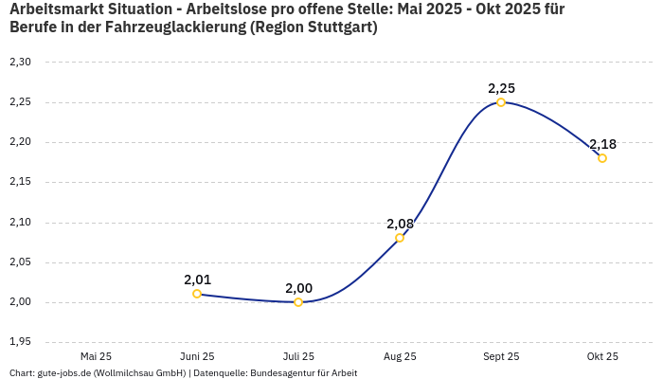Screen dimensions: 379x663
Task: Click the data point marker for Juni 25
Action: click(x=197, y=294)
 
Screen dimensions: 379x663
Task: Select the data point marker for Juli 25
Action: click(x=298, y=302)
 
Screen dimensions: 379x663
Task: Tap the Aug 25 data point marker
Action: click(x=400, y=238)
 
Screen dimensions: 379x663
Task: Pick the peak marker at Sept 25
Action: click(x=501, y=102)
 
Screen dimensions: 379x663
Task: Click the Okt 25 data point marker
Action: click(x=602, y=158)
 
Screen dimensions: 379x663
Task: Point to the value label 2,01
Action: click(x=197, y=280)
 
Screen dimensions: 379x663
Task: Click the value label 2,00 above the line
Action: click(x=298, y=288)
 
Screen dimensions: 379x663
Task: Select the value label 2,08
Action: click(x=400, y=224)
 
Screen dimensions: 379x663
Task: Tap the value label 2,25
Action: click(x=501, y=88)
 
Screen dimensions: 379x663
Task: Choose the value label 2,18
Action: click(x=602, y=144)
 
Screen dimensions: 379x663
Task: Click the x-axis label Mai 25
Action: click(x=96, y=356)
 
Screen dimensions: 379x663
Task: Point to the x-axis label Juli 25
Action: click(x=298, y=356)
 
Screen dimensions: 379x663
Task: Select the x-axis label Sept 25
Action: click(x=501, y=356)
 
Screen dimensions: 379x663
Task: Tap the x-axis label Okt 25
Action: click(x=602, y=356)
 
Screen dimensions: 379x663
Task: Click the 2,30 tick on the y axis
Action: click(x=20, y=63)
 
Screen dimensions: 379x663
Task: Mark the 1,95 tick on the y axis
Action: click(x=20, y=342)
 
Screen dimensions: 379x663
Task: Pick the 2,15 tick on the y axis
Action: click(x=20, y=182)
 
